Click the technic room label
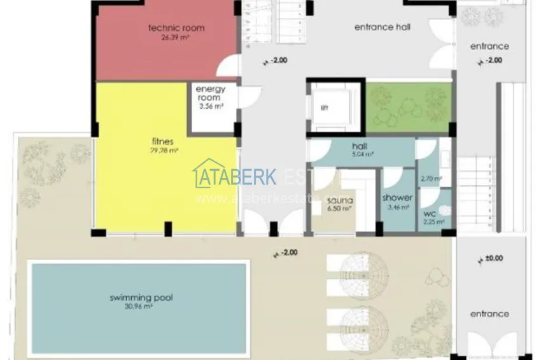pos(176,28)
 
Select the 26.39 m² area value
pos(176,37)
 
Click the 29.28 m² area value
pos(165,151)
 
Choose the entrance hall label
pos(382,27)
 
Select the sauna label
pos(338,200)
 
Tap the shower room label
pos(398,198)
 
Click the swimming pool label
pos(141,297)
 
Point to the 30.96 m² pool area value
pos(140,306)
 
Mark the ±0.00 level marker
pos(493,258)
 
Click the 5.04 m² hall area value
pos(363,154)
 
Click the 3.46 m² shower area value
pos(398,207)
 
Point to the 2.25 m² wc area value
pos(435,222)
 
